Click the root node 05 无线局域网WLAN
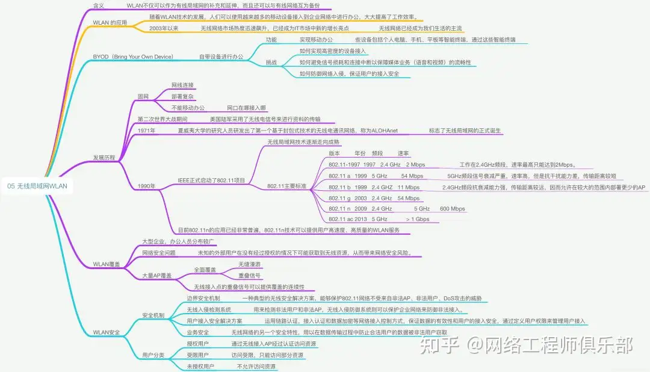pos(38,187)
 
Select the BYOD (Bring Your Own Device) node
pos(132,57)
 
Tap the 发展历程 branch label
pos(104,158)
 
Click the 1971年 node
pos(146,131)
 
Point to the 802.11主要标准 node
pos(286,187)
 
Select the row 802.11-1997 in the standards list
pos(344,164)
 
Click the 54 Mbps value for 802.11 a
pos(412,176)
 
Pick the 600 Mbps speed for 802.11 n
pos(452,209)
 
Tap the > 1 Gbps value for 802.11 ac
pos(418,220)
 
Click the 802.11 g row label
pos(339,198)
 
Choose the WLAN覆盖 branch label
pos(106,264)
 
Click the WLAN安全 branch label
pos(106,332)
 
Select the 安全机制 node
pos(153,315)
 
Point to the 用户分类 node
pos(153,355)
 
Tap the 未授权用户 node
pos(200,366)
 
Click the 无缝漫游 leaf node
pos(249,264)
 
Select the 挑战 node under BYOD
pos(271,62)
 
